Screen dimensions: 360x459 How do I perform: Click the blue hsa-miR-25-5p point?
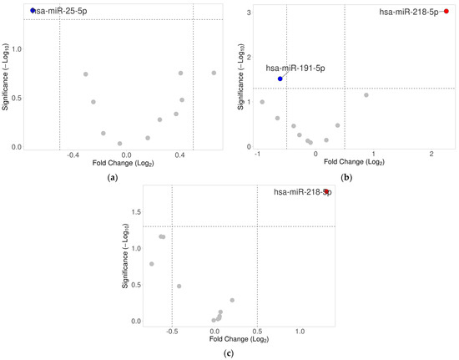33,11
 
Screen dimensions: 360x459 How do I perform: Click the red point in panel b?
446,12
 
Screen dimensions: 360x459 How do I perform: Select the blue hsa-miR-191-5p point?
280,79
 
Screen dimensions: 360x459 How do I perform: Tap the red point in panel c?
326,192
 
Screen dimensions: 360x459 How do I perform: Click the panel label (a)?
112,178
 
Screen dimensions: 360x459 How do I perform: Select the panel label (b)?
346,178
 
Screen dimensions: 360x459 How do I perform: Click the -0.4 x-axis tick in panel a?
73,155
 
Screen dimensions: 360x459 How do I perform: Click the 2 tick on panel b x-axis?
431,155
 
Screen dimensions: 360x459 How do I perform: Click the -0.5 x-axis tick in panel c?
171,329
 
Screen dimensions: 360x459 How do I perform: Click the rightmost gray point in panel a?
214,73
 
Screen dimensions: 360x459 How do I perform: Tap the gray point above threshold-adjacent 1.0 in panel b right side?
366,94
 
